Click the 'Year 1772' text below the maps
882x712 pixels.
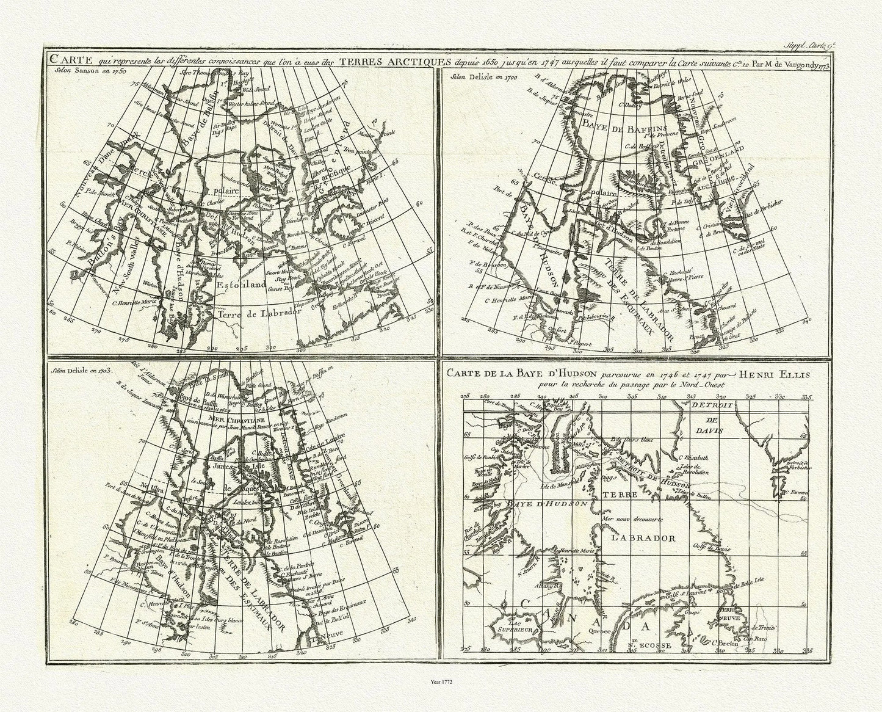click(441, 678)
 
